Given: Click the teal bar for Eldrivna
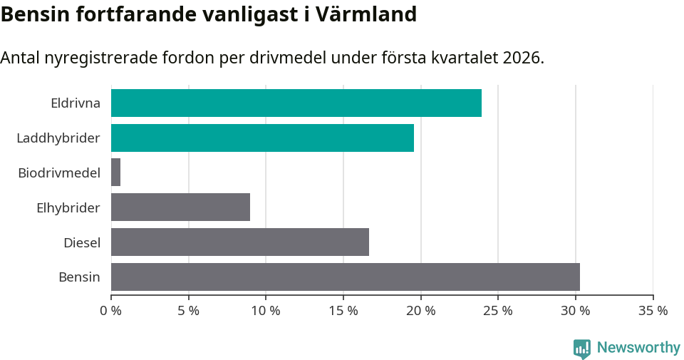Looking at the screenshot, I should [x=296, y=103].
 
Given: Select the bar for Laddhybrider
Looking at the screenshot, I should [x=262, y=138].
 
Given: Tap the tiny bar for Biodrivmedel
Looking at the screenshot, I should [x=115, y=173].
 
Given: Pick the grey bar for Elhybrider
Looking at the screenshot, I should [x=180, y=207].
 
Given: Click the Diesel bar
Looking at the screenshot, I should [x=239, y=242].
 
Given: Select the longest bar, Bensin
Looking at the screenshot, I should [x=345, y=277].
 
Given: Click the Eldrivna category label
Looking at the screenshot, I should [x=75, y=103].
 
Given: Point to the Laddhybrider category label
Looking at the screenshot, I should [x=58, y=138].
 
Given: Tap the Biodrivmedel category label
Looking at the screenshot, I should [x=59, y=173].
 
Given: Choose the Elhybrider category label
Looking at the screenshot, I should [x=68, y=207].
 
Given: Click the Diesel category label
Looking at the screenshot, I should [x=81, y=242].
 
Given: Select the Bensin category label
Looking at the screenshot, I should [x=79, y=277].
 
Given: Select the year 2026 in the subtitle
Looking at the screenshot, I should [x=522, y=58].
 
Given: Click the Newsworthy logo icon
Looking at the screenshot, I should [x=582, y=348].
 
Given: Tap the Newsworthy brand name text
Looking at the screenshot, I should [x=638, y=347].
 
